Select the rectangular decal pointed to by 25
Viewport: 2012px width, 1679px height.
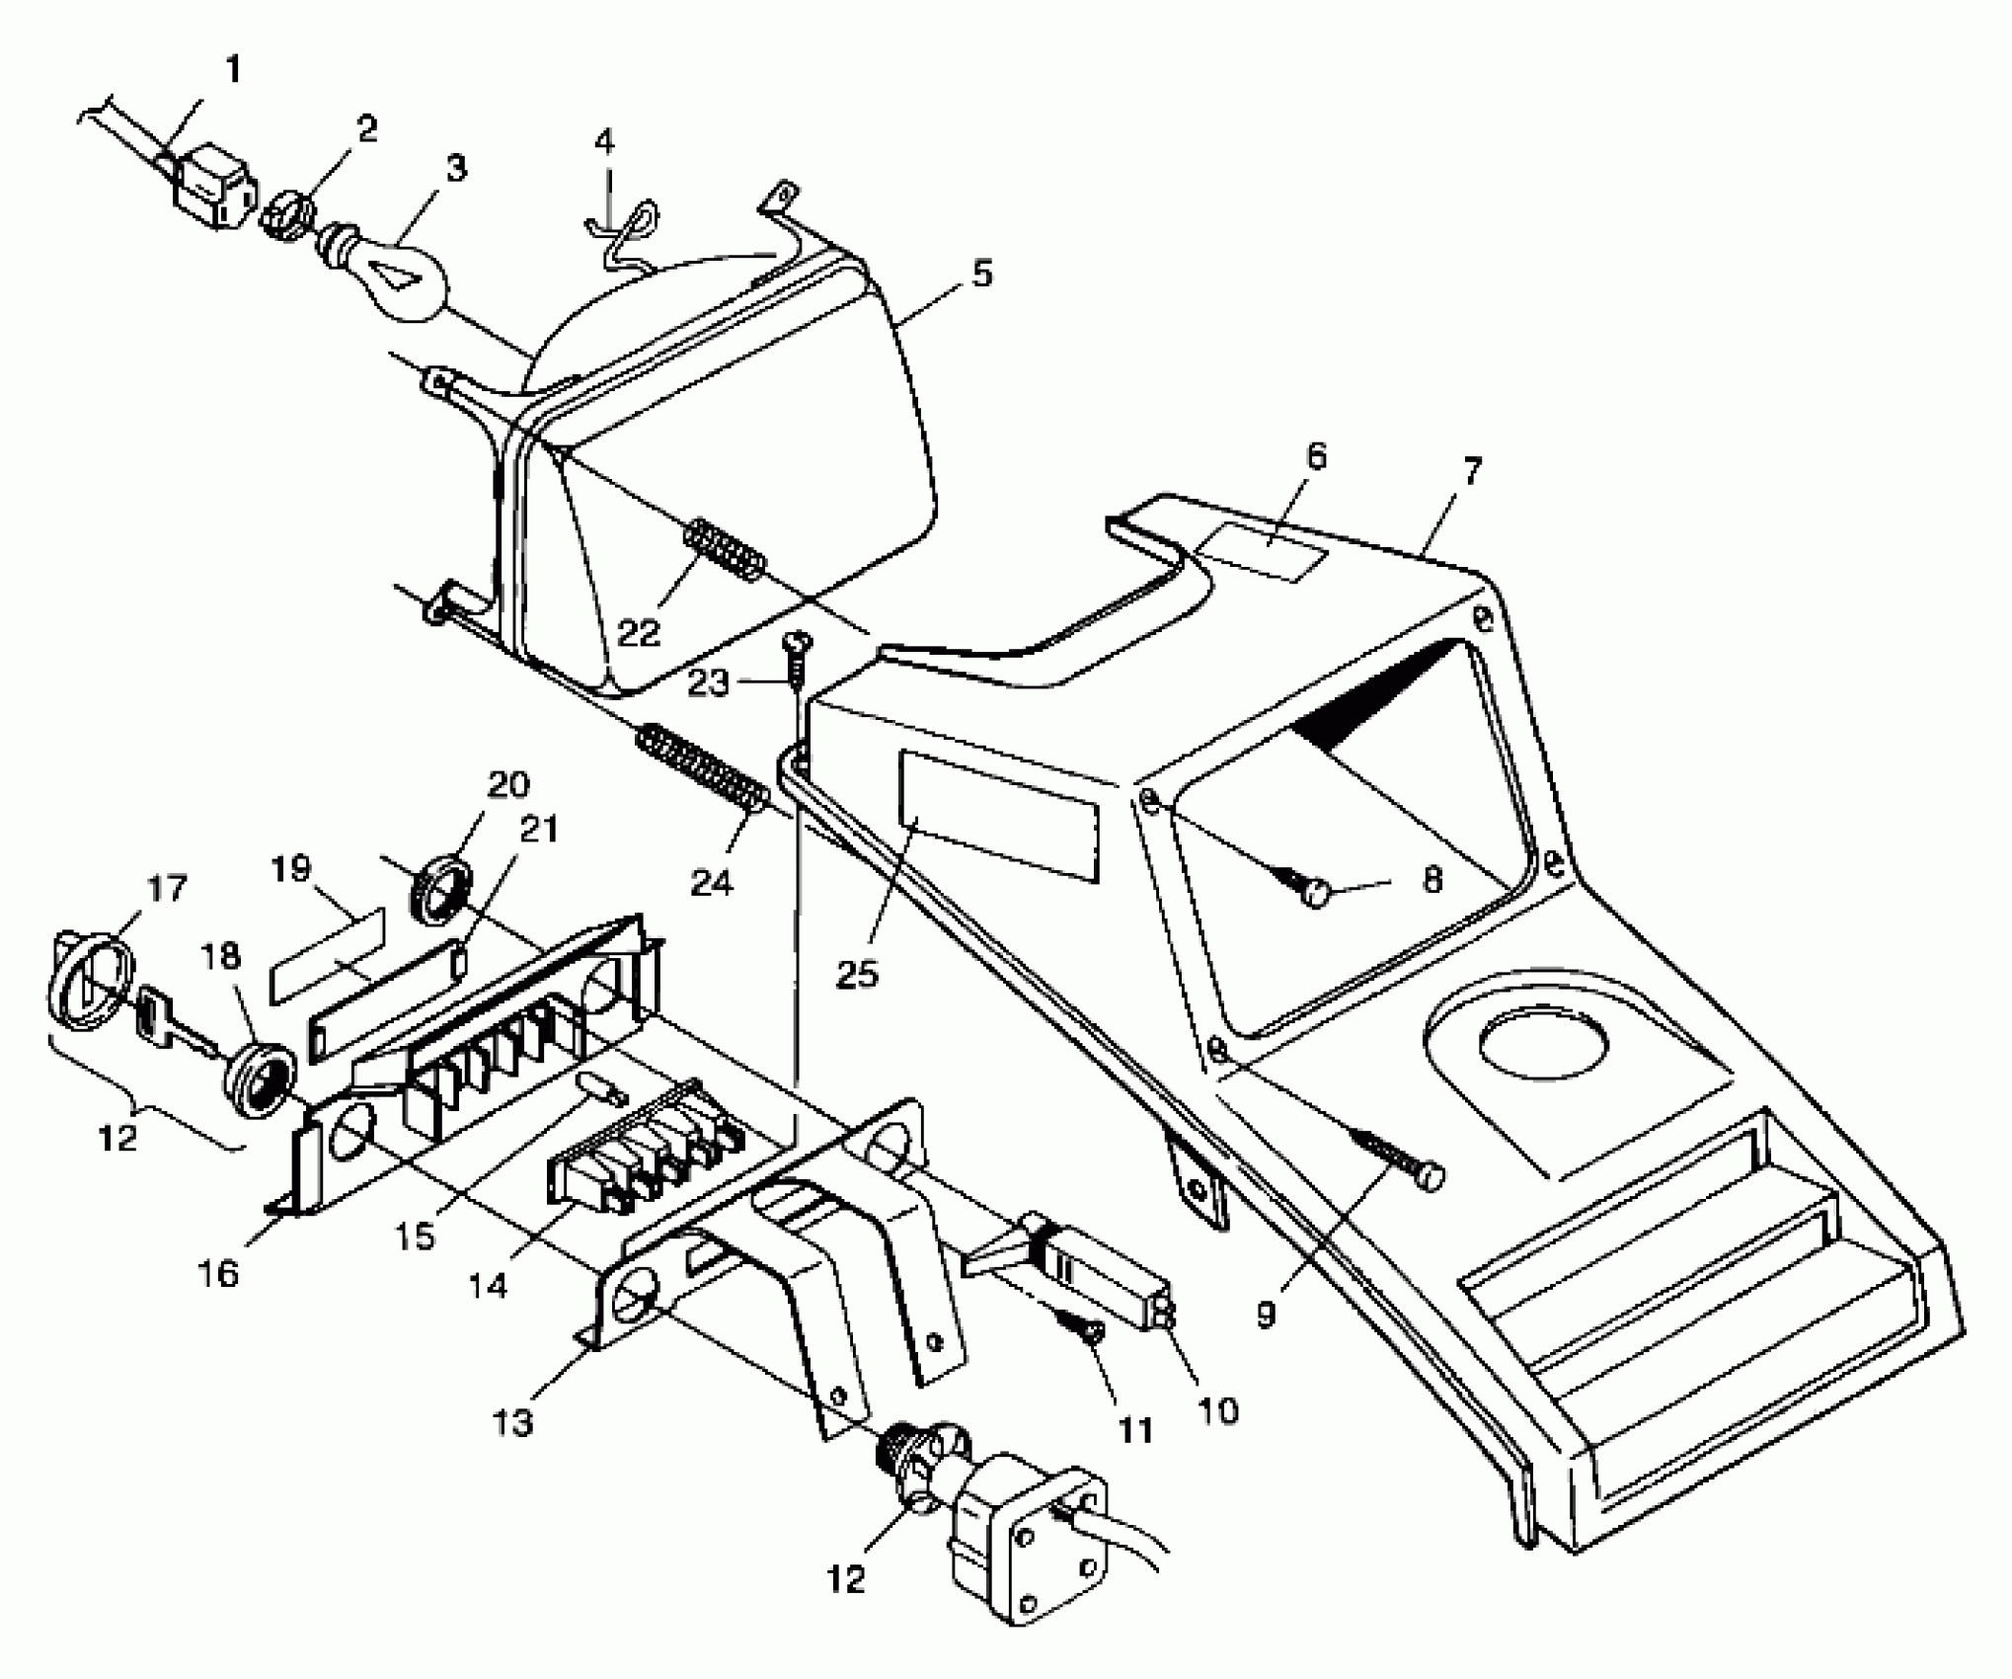997,816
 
